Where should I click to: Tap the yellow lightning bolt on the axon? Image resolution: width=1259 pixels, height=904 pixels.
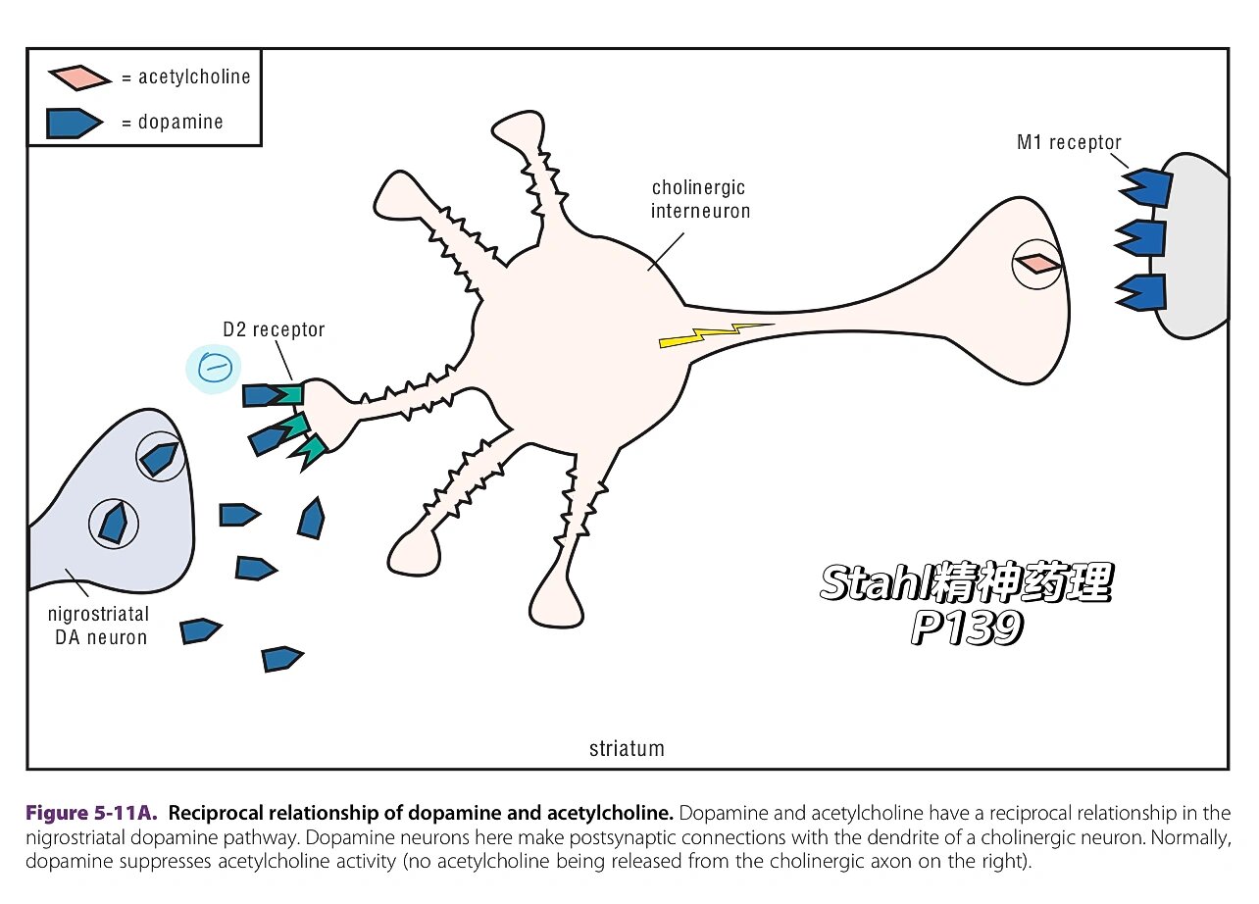pos(716,334)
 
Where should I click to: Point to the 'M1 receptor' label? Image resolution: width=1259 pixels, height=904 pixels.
pos(1069,143)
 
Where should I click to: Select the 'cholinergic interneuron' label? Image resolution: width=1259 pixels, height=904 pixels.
pos(700,198)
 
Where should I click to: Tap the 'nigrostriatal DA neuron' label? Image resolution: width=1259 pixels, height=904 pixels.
pos(98,626)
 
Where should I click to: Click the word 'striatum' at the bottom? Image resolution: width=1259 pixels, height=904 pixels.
pos(627,749)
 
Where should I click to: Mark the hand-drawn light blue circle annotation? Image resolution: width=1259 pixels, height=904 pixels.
pos(214,369)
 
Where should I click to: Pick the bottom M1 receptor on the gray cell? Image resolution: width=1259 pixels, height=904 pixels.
pos(1143,292)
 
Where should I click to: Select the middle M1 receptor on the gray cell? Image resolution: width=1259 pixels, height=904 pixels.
pos(1142,238)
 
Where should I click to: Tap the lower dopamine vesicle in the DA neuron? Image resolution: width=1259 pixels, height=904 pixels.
pos(115,523)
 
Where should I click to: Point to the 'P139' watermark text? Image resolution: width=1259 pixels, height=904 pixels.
pos(967,628)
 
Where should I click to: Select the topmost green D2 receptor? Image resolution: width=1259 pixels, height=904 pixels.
pos(290,394)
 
